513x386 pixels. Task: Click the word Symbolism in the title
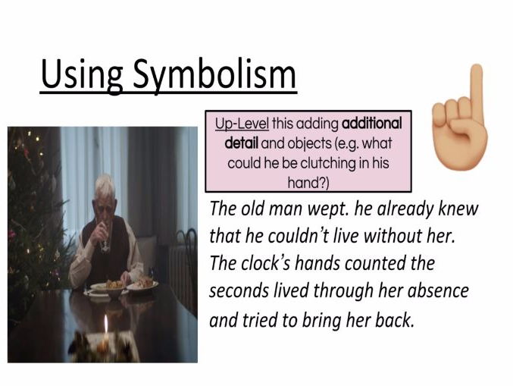[x=214, y=76]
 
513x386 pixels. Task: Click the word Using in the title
[x=82, y=76]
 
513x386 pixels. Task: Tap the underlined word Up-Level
[x=242, y=124]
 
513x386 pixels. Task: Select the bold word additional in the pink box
[x=371, y=124]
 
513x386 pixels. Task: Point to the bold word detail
[x=242, y=143]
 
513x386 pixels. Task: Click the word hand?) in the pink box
[x=308, y=182]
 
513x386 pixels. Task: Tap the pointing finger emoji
[x=460, y=117]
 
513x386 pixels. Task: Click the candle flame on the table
[x=105, y=324]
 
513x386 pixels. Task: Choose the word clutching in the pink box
[x=328, y=163]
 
